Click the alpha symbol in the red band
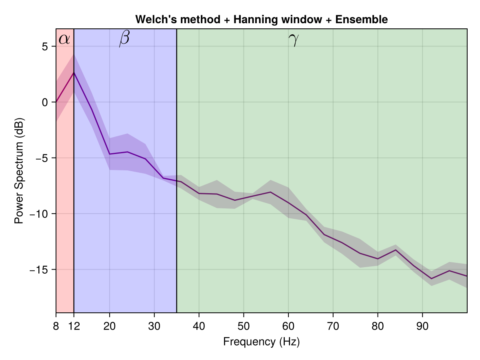(64, 39)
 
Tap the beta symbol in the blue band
(124, 39)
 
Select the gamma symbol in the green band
(294, 40)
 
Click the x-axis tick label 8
(56, 326)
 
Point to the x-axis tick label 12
(74, 326)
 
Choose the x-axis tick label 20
(110, 326)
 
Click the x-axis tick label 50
(244, 326)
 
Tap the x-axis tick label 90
(422, 326)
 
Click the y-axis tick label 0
(44, 102)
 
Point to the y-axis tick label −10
(39, 214)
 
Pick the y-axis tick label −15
(39, 270)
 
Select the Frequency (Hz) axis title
(262, 342)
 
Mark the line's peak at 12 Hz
(74, 72)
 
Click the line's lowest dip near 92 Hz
(432, 278)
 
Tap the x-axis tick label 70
(333, 326)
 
